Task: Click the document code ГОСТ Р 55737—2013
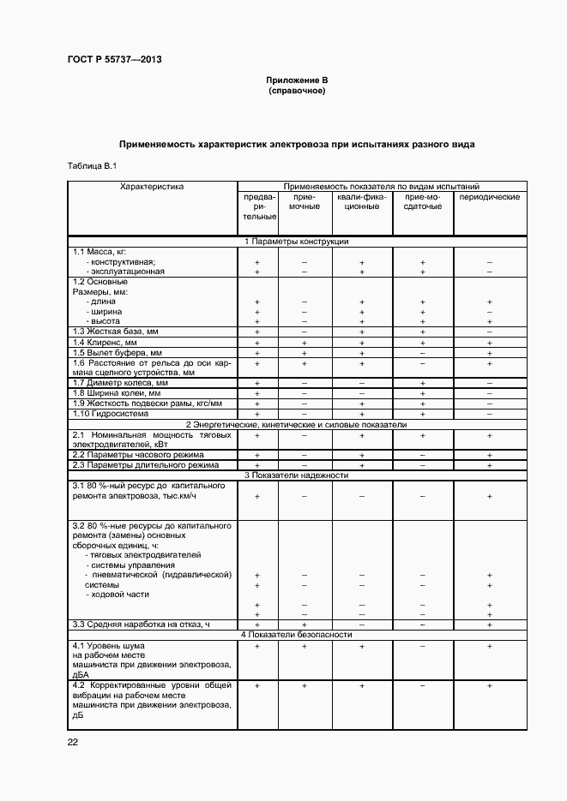(114, 59)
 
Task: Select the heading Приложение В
(297, 81)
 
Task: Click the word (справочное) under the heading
(297, 90)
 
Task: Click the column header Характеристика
(152, 186)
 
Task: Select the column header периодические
(489, 197)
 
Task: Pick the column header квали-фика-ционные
(362, 201)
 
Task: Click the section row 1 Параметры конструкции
(297, 242)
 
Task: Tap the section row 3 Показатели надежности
(297, 475)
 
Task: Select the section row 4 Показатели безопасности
(297, 635)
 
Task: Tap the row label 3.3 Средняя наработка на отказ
(142, 625)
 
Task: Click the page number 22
(73, 742)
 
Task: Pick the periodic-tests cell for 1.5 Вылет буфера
(489, 352)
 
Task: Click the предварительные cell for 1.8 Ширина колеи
(257, 393)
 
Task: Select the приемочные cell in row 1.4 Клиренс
(305, 342)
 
